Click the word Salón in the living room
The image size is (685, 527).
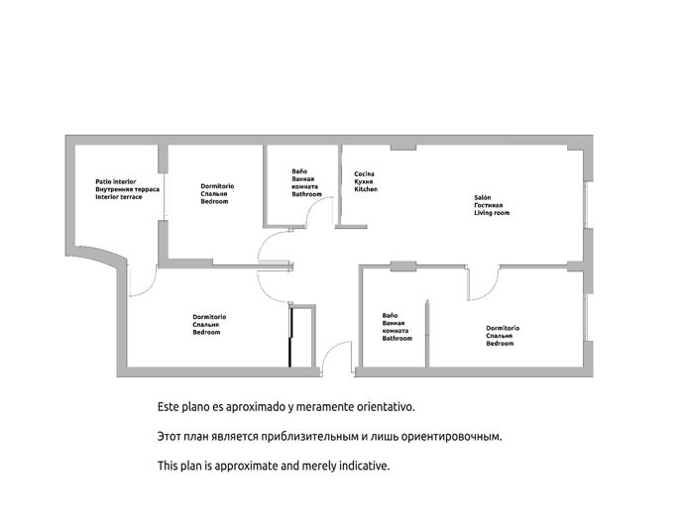point(483,197)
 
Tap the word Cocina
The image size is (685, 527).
point(365,174)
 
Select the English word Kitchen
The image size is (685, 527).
point(367,189)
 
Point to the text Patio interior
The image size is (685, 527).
point(116,181)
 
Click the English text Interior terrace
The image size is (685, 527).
point(119,197)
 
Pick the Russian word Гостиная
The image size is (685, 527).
point(491,205)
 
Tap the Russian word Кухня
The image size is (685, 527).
point(365,182)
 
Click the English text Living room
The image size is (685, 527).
point(492,213)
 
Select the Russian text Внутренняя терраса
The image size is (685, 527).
point(128,189)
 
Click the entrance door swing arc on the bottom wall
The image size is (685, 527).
point(339,354)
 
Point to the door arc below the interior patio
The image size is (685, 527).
point(142,282)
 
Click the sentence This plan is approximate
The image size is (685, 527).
point(274,465)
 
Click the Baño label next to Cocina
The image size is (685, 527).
point(298,170)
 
